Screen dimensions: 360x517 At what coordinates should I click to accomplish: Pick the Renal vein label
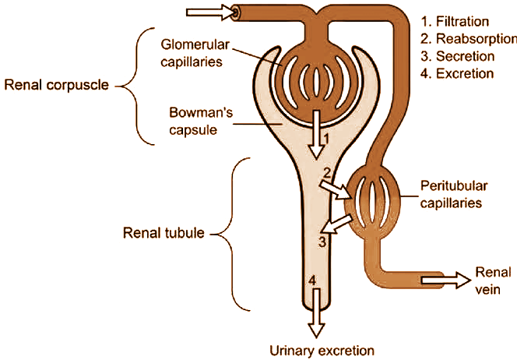(x=494, y=279)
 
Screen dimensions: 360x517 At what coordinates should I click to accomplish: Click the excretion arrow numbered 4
(x=315, y=312)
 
